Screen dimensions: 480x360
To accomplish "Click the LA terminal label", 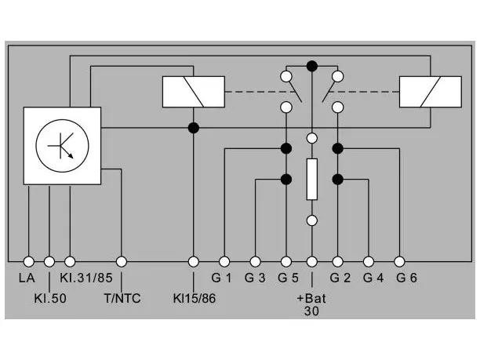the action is coord(27,278).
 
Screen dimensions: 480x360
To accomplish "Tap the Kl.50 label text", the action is coord(50,299).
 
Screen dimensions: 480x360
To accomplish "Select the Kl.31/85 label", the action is coord(86,278).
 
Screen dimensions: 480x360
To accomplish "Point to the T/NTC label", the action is coord(122,299).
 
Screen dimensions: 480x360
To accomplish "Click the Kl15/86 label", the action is coord(195,299).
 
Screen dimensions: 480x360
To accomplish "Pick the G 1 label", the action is coord(221,278).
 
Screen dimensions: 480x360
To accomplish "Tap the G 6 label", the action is coord(406,278).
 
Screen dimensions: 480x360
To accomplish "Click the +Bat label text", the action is coord(311,298).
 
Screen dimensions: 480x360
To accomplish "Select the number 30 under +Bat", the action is coord(311,311).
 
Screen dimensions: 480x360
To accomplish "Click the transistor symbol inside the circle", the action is coord(62,146).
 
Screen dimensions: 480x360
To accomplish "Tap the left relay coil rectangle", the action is coord(194,92).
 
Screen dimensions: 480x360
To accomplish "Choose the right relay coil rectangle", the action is coord(431,92).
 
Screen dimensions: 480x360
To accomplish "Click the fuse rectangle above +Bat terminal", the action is coord(312,180).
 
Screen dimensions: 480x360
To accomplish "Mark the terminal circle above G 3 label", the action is coord(256,262).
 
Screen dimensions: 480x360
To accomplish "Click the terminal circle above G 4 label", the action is coord(369,262).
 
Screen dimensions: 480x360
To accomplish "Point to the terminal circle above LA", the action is coord(29,262).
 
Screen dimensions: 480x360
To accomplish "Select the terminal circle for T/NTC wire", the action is coord(122,262).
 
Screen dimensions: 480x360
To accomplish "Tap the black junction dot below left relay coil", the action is coord(194,128).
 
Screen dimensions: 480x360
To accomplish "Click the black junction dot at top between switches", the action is coord(312,66).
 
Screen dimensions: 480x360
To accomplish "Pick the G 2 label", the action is coord(340,278).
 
